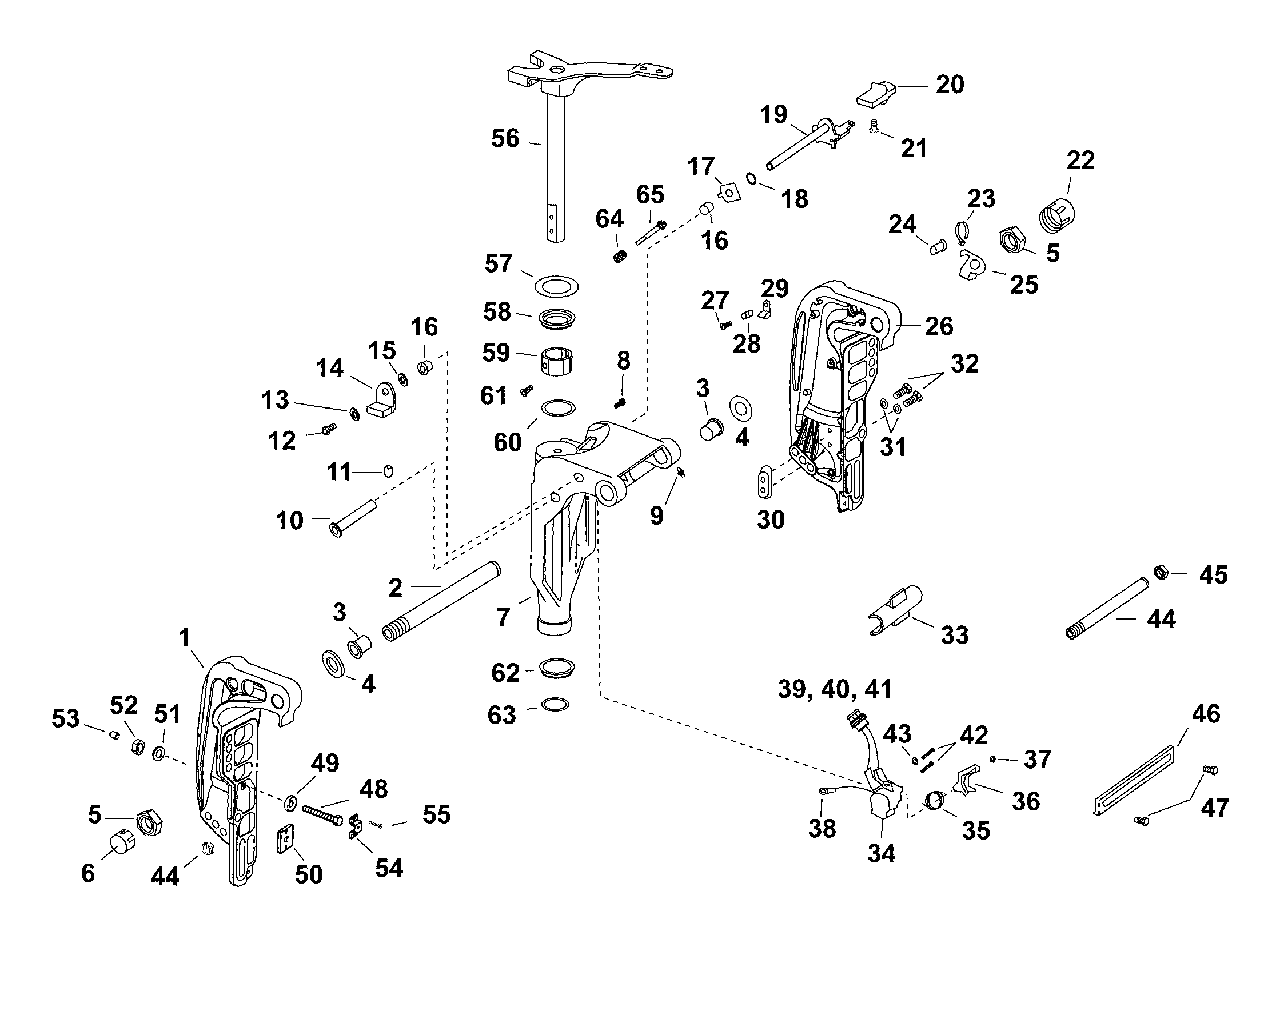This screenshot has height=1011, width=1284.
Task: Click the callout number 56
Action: click(505, 138)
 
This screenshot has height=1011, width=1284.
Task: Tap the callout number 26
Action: click(939, 326)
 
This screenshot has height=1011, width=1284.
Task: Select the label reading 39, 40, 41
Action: click(834, 689)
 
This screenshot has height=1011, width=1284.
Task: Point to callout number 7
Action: click(503, 617)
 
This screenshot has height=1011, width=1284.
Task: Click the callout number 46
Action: click(1206, 714)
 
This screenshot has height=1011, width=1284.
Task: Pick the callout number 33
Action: click(954, 634)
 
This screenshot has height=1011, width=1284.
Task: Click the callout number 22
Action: click(1080, 161)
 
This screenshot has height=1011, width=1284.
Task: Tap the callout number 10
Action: click(289, 520)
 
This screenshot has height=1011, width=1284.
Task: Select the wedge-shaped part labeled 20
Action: click(873, 95)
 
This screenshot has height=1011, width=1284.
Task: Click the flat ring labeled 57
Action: click(556, 286)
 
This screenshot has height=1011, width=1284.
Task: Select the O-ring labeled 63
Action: click(556, 704)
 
